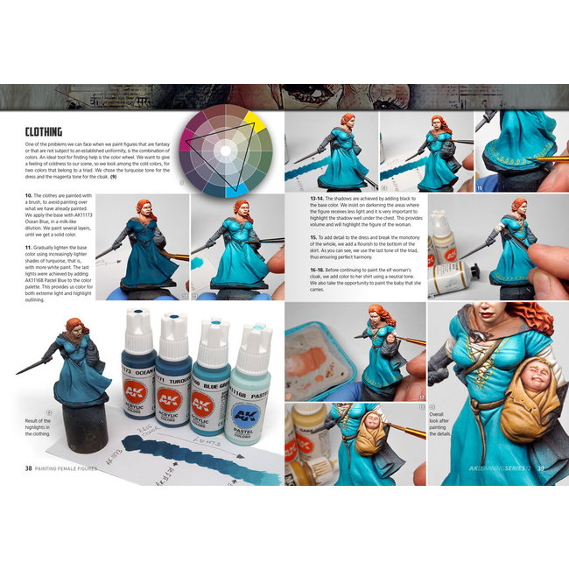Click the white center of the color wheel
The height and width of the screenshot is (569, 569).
coord(224,150)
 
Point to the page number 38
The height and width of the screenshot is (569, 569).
coord(30,467)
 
